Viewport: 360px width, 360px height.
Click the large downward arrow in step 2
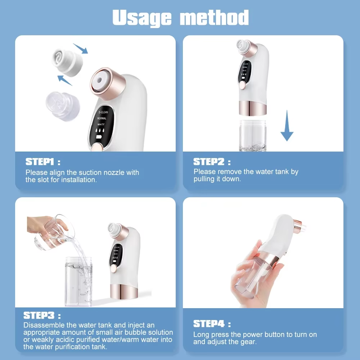click(x=287, y=126)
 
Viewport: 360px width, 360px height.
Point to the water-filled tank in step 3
click(x=78, y=281)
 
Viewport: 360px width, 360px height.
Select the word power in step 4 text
click(x=244, y=334)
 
